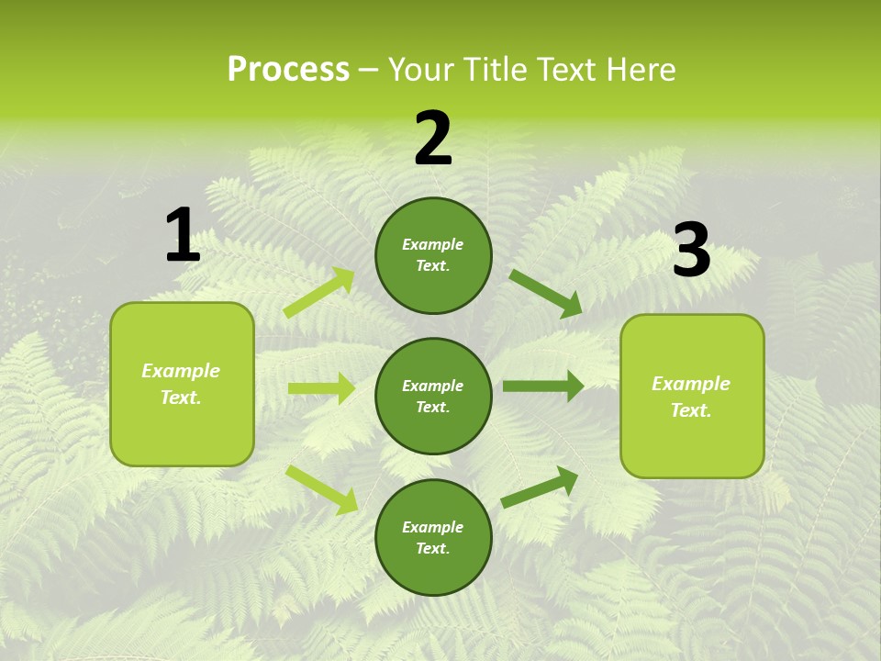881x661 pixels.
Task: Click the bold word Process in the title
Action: point(288,70)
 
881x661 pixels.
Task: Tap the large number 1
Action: point(183,236)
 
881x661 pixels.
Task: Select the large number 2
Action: point(433,139)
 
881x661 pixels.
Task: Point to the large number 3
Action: point(691,251)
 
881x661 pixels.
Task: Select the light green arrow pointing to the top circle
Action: point(319,293)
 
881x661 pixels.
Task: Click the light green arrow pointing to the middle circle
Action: point(321,388)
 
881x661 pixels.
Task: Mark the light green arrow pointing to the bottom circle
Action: point(321,488)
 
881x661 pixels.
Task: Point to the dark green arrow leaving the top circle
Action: point(545,293)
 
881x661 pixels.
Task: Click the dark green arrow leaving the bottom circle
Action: point(540,487)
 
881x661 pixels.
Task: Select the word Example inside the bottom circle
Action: point(433,527)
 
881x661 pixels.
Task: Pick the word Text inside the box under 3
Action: point(691,410)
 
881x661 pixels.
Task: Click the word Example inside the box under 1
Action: point(181,371)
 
